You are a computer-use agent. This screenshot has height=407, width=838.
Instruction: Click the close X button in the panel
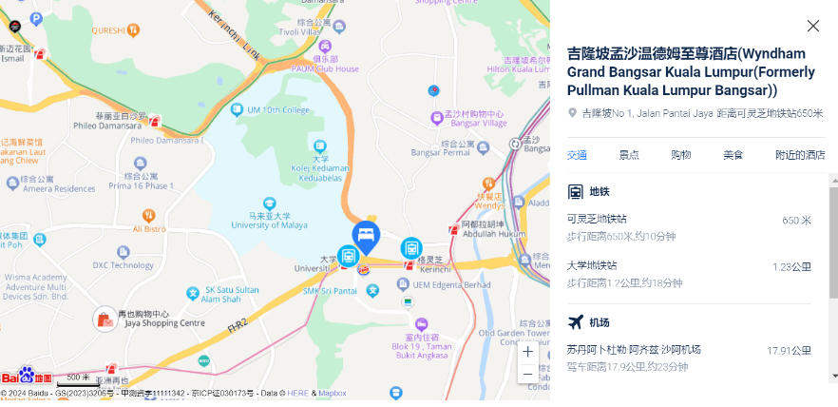(x=812, y=27)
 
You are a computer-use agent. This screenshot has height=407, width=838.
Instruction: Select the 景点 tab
(x=628, y=155)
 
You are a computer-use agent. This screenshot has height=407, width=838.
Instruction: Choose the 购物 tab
(x=680, y=155)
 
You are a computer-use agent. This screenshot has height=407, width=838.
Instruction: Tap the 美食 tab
(x=733, y=155)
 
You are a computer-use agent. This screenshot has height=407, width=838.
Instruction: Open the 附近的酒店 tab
(x=800, y=155)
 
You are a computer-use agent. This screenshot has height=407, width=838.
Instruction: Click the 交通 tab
(x=577, y=155)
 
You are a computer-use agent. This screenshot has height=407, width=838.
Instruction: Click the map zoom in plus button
(x=528, y=351)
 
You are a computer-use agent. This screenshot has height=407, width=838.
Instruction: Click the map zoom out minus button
(x=528, y=374)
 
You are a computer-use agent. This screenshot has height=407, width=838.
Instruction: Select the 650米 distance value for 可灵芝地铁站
(x=796, y=220)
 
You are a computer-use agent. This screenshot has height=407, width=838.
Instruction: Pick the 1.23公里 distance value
(x=791, y=266)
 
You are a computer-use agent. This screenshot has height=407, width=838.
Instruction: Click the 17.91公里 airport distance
(x=789, y=350)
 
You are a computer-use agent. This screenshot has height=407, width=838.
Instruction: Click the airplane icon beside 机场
(x=576, y=321)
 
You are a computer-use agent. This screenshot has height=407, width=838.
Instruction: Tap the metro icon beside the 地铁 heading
(x=576, y=191)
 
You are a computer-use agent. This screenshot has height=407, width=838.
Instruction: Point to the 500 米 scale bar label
(x=78, y=378)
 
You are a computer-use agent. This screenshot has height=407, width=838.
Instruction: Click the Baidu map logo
(x=27, y=377)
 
